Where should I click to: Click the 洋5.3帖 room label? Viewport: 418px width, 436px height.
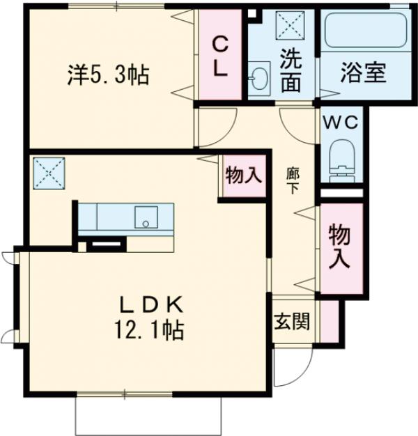click(x=108, y=75)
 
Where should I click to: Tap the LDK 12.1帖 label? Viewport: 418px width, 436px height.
click(x=149, y=318)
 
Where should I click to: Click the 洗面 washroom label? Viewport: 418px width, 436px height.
click(x=292, y=70)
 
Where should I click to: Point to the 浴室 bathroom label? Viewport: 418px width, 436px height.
click(x=364, y=74)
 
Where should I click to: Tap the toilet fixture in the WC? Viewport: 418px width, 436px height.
click(x=342, y=158)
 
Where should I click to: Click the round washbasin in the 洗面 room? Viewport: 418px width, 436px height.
click(x=259, y=76)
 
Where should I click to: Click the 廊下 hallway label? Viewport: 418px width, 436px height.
click(x=293, y=180)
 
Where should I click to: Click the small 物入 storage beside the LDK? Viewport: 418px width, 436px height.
click(x=243, y=176)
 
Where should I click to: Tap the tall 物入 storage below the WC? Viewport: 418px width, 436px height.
click(x=339, y=247)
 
